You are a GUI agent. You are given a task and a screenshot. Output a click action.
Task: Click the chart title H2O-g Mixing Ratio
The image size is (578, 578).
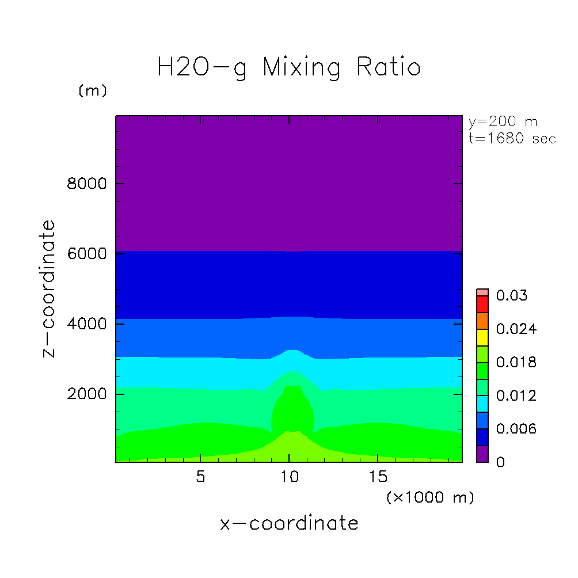289,68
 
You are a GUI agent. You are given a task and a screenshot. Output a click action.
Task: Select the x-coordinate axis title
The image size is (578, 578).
289,523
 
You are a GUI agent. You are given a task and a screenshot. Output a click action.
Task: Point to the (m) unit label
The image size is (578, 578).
92,91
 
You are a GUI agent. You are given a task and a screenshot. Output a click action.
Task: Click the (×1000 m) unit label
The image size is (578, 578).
430,497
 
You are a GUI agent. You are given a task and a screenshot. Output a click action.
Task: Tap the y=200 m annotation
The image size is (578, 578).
503,122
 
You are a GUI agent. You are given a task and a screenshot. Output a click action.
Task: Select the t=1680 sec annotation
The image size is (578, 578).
512,139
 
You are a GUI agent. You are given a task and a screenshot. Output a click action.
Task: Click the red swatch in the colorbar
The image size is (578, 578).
482,304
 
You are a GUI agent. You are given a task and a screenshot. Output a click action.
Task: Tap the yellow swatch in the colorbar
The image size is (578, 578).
482,337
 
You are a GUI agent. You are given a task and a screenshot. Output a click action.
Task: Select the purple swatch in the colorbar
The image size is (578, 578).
482,454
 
